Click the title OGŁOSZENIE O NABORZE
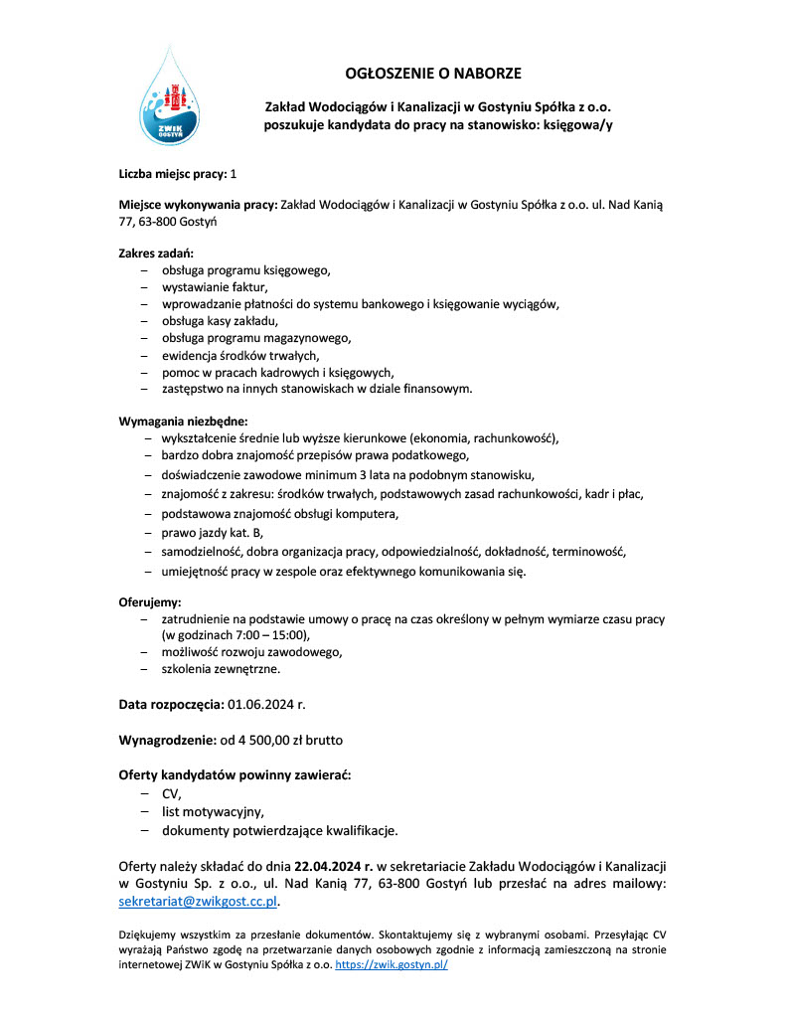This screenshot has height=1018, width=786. point(432,74)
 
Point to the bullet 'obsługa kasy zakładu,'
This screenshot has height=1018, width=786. point(222,321)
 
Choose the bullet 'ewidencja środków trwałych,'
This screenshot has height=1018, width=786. point(242,355)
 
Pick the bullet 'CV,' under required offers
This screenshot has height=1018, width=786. point(172,793)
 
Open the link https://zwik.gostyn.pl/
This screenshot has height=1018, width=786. point(392,964)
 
